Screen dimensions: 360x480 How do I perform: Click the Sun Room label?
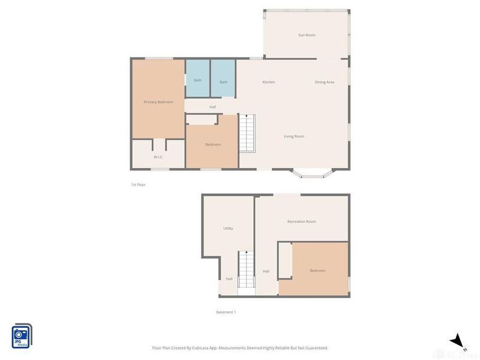(x=307, y=35)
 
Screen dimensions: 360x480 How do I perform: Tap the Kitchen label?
(x=268, y=82)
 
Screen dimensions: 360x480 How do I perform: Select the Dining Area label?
(x=325, y=82)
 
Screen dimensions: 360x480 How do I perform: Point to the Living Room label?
(x=294, y=137)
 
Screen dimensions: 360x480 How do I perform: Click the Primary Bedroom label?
(x=158, y=103)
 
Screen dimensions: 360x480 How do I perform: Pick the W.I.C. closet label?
(x=158, y=157)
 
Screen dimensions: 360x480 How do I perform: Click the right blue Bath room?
(x=223, y=82)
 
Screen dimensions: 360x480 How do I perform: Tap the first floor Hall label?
(x=212, y=107)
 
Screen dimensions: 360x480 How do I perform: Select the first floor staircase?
(x=248, y=133)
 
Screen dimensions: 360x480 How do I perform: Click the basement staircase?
(x=247, y=269)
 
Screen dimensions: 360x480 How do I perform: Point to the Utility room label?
(x=228, y=229)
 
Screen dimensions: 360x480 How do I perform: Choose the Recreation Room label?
(x=301, y=222)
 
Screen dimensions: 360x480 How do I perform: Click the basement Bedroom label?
(x=317, y=271)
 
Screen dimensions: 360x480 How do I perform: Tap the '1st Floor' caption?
(x=138, y=185)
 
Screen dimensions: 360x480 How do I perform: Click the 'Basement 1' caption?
(x=226, y=312)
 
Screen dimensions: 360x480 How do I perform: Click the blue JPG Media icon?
(x=22, y=336)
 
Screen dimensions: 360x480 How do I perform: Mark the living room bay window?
(x=311, y=175)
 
